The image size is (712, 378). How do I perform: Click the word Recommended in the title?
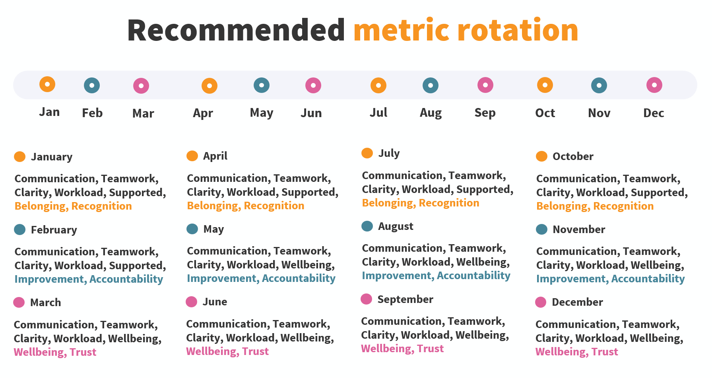236,30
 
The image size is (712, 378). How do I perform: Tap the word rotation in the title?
518,30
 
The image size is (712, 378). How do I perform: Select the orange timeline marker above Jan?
47,84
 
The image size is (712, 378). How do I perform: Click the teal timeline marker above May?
262,85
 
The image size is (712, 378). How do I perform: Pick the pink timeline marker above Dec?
654,85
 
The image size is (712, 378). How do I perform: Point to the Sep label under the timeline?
485,113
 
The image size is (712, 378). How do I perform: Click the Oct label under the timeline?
545,113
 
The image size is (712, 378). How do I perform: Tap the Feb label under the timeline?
92,113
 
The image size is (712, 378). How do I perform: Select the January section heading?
52,157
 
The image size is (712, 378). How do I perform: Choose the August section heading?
396,227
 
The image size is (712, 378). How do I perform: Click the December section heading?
578,302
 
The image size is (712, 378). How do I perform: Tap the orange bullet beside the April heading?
192,156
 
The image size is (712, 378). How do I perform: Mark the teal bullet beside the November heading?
541,229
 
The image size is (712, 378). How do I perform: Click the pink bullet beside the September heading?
366,299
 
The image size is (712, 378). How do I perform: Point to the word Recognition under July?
449,203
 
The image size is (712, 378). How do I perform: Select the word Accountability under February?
126,280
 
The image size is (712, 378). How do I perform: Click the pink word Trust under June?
256,352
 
